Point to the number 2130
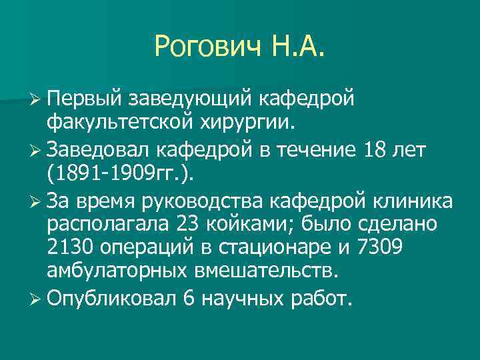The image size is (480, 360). pyautogui.click(x=70, y=249)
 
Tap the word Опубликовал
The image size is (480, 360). pyautogui.click(x=111, y=300)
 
